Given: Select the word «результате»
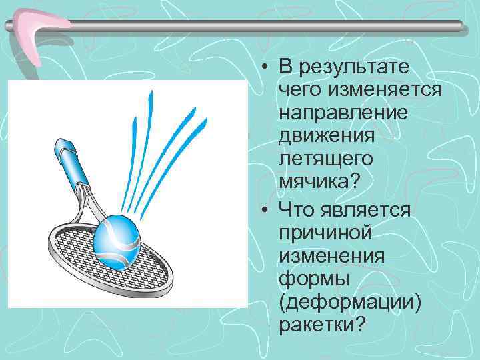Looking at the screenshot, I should pyautogui.click(x=355, y=67).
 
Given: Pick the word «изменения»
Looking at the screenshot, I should pyautogui.click(x=328, y=256).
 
